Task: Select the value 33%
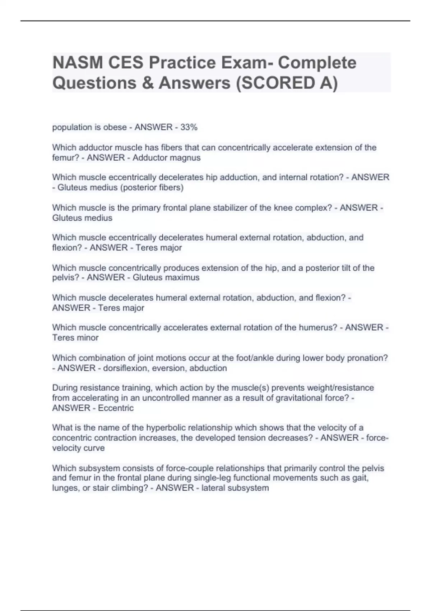(189, 127)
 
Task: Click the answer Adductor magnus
(166, 158)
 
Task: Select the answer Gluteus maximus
(166, 277)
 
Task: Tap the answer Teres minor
(75, 338)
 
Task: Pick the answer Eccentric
(116, 408)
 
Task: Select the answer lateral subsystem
(235, 488)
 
